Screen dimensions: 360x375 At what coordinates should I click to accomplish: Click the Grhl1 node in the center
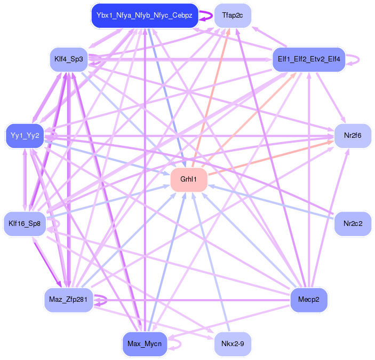[x=188, y=179]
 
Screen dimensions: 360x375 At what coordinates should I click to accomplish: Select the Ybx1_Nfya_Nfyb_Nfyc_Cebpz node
[x=145, y=15]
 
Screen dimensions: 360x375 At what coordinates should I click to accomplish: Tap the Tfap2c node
[x=233, y=15]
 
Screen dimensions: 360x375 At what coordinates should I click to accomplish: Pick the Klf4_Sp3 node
[x=69, y=58]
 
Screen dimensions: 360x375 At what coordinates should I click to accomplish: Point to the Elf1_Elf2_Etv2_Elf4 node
[x=309, y=58]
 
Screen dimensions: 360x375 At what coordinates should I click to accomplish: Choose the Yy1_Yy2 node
[x=25, y=136]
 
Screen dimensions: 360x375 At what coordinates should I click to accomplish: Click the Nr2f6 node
[x=353, y=136]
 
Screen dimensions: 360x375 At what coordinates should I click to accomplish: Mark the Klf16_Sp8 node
[x=25, y=224]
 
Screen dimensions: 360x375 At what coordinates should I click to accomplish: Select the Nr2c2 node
[x=353, y=224]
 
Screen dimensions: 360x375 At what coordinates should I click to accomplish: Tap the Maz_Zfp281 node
[x=68, y=300]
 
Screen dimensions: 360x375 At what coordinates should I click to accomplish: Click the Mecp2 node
[x=308, y=300]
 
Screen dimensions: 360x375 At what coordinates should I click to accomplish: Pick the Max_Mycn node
[x=145, y=344]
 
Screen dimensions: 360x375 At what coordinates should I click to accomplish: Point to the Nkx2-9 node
[x=232, y=344]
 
